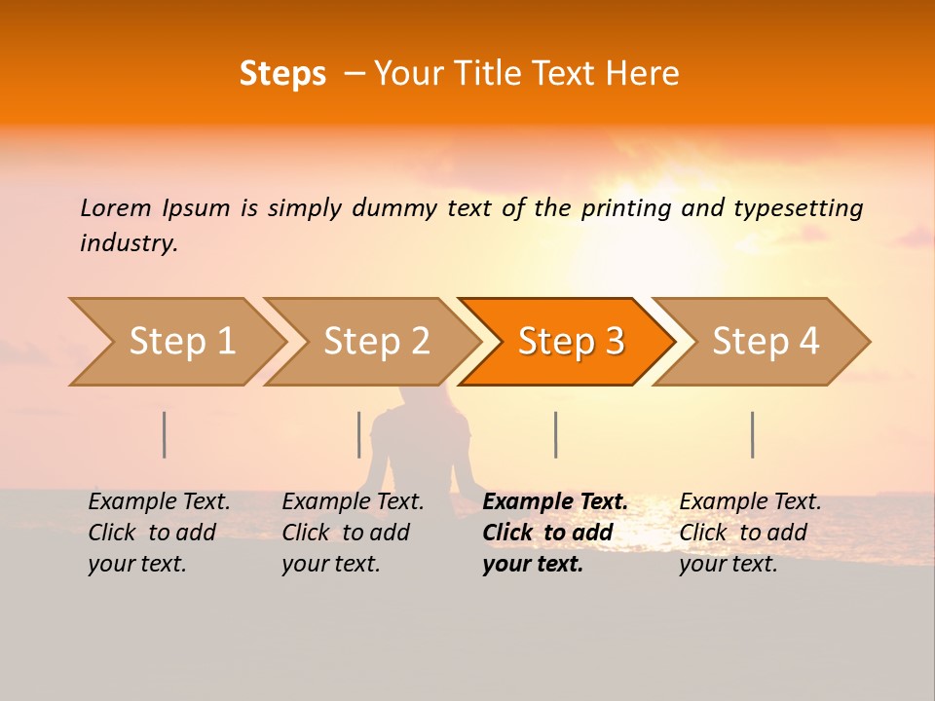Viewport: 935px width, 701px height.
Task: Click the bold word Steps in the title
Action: pos(282,74)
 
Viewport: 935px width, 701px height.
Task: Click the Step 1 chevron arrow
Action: pos(175,342)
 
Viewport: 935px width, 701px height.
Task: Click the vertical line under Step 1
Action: pos(165,434)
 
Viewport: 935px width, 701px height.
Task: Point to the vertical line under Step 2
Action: pos(359,434)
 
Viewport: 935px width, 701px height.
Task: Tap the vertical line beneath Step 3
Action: pos(556,434)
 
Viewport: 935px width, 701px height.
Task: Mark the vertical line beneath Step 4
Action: pos(753,434)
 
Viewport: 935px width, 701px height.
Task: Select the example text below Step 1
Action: pos(159,533)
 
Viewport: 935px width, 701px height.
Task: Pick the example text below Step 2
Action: pos(353,533)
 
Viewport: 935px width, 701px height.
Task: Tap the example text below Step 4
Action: pos(750,533)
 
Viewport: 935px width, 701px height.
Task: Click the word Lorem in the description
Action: pos(116,208)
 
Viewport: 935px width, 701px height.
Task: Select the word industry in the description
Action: pos(128,243)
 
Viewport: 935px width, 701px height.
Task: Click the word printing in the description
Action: pos(623,208)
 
